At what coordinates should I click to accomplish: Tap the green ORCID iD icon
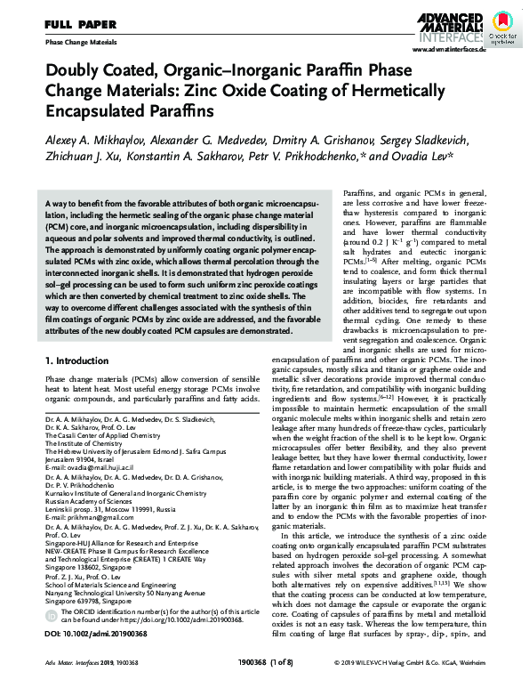52,613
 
